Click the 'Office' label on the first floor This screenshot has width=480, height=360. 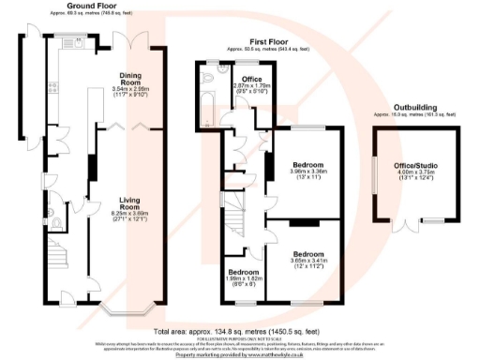(251, 79)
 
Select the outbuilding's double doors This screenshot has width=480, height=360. (406, 224)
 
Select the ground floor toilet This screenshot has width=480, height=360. (59, 221)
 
